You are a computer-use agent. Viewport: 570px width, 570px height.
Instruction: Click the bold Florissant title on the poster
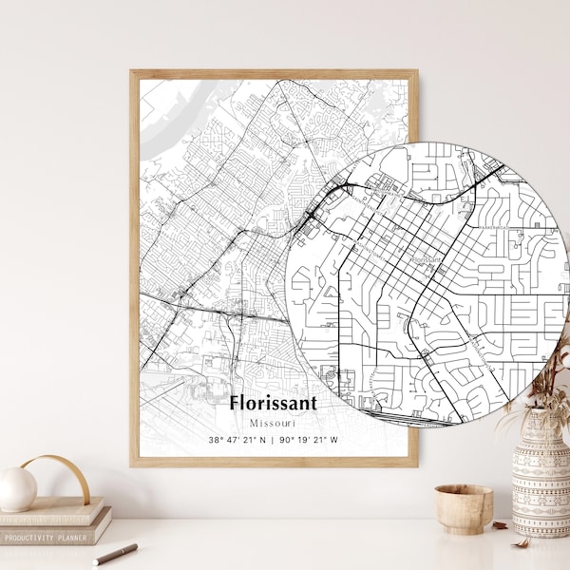[x=274, y=402]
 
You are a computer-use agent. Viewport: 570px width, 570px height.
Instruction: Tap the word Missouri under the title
[x=274, y=421]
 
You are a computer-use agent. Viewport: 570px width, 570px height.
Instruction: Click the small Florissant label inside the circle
[x=427, y=256]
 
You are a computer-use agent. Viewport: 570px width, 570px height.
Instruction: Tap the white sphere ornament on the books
[x=16, y=488]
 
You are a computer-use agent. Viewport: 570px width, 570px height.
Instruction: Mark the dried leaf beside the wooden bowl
[x=501, y=524]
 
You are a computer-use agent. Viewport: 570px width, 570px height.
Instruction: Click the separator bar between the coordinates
[x=274, y=440]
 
